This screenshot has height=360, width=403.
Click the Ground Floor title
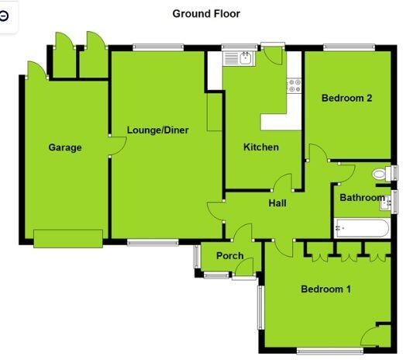coord(206,13)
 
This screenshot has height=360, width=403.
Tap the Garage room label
coord(65,147)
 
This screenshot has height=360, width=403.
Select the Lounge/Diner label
coord(158,130)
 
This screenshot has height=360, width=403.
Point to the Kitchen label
coord(261,147)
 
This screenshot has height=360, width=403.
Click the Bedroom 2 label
coord(347,99)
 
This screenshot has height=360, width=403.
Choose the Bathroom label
coord(362,198)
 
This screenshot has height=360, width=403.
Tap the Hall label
coord(277,203)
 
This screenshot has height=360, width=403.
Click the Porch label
coord(229,255)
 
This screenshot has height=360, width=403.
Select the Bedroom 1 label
coord(325,289)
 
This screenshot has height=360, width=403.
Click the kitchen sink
coord(236,57)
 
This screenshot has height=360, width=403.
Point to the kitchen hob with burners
coord(294,86)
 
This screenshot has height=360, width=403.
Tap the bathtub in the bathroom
coord(362,228)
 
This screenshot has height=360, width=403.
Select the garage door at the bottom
coord(68,237)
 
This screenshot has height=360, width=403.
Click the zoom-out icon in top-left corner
coord(5,16)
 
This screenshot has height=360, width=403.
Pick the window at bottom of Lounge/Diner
coord(147,243)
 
